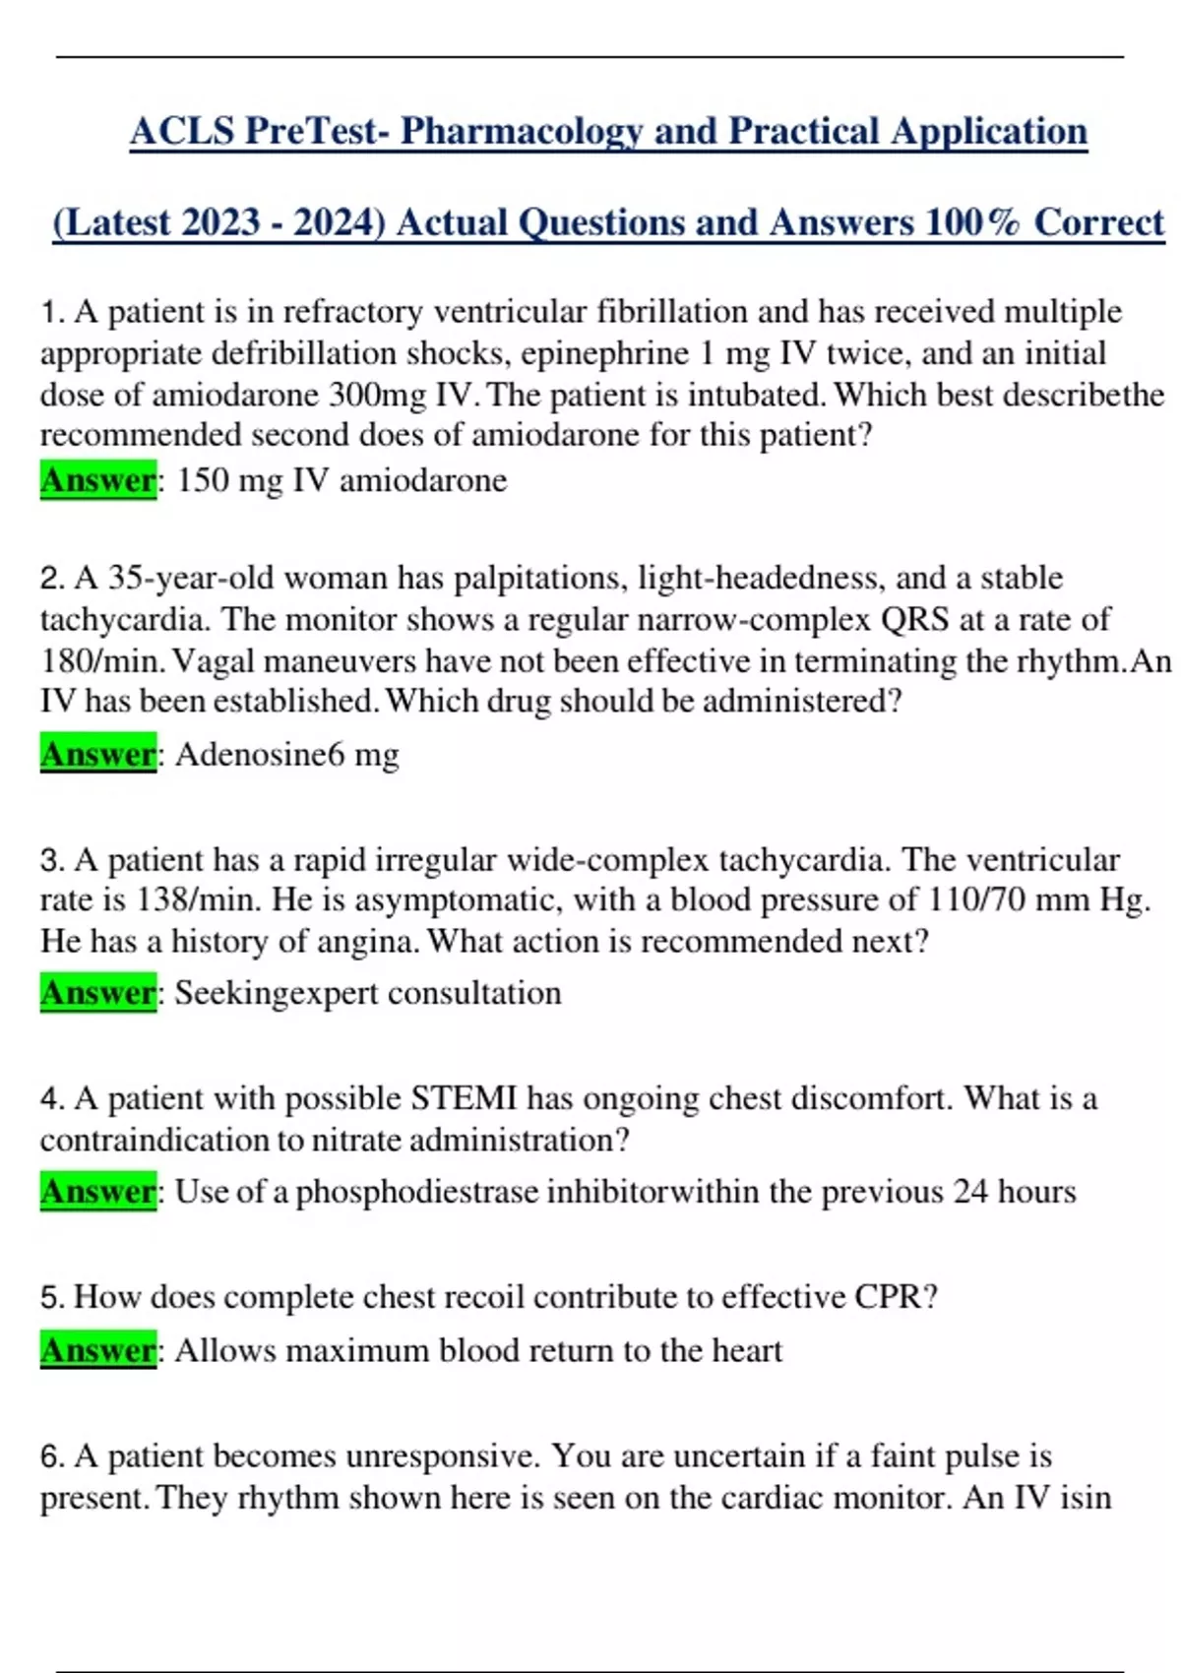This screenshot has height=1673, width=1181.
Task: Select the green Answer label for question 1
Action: pyautogui.click(x=97, y=480)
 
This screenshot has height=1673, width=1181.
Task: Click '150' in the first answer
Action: pyautogui.click(x=202, y=480)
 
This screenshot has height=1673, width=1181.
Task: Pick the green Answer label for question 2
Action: pyautogui.click(x=97, y=754)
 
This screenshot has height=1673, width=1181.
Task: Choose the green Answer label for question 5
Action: pyautogui.click(x=97, y=1350)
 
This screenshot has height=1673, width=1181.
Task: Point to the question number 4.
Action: pyautogui.click(x=51, y=1099)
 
